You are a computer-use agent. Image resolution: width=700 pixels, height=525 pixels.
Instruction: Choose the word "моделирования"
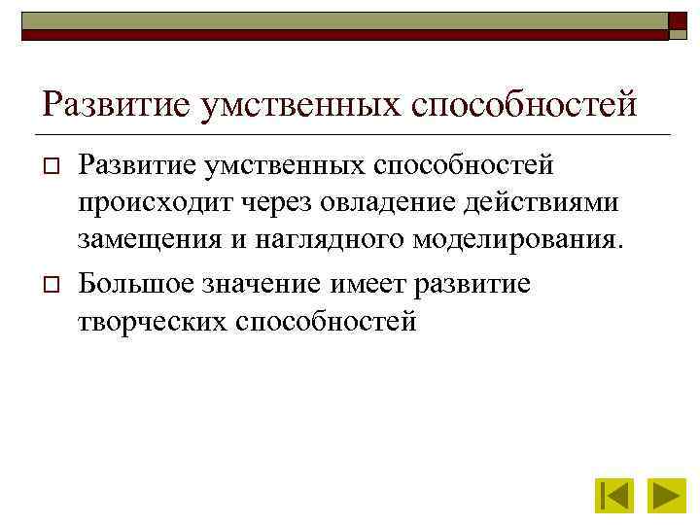coord(514,241)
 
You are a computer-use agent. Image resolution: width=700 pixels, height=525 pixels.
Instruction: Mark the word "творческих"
coord(151,320)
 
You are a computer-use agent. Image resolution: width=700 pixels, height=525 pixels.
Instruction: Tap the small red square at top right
coord(679,23)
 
